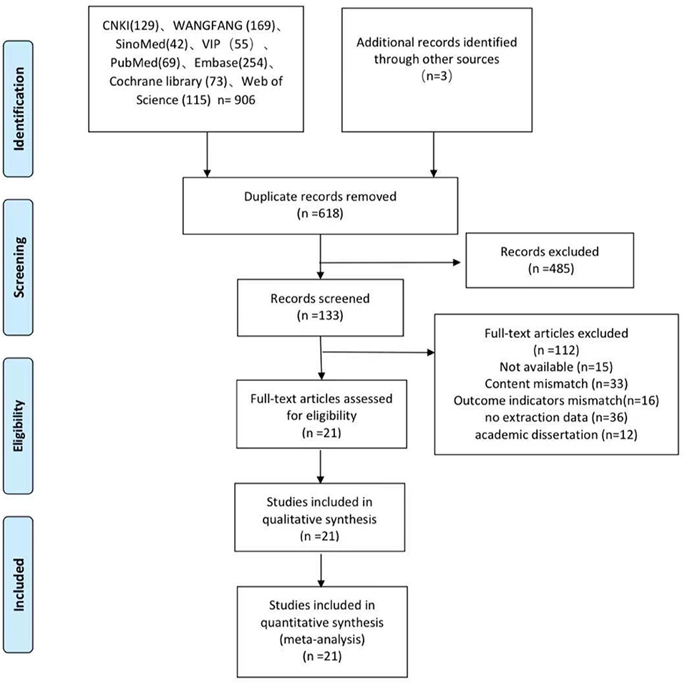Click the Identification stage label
[19, 109]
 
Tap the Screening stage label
[19, 267]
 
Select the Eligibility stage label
[19, 425]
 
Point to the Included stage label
[19, 584]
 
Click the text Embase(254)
[230, 63]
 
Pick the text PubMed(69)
[145, 63]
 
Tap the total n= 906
[236, 100]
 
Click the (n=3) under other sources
[437, 76]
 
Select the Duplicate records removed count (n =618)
[320, 213]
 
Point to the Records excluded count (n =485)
[550, 269]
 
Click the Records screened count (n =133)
[320, 315]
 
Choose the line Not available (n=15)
[556, 367]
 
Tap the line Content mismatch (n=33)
[556, 384]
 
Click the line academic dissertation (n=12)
[556, 435]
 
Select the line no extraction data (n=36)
[556, 418]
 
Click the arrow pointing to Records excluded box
[391, 263]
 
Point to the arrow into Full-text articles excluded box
[379, 352]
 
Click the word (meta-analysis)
[322, 640]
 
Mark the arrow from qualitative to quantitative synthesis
[321, 571]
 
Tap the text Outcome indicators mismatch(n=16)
[556, 401]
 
